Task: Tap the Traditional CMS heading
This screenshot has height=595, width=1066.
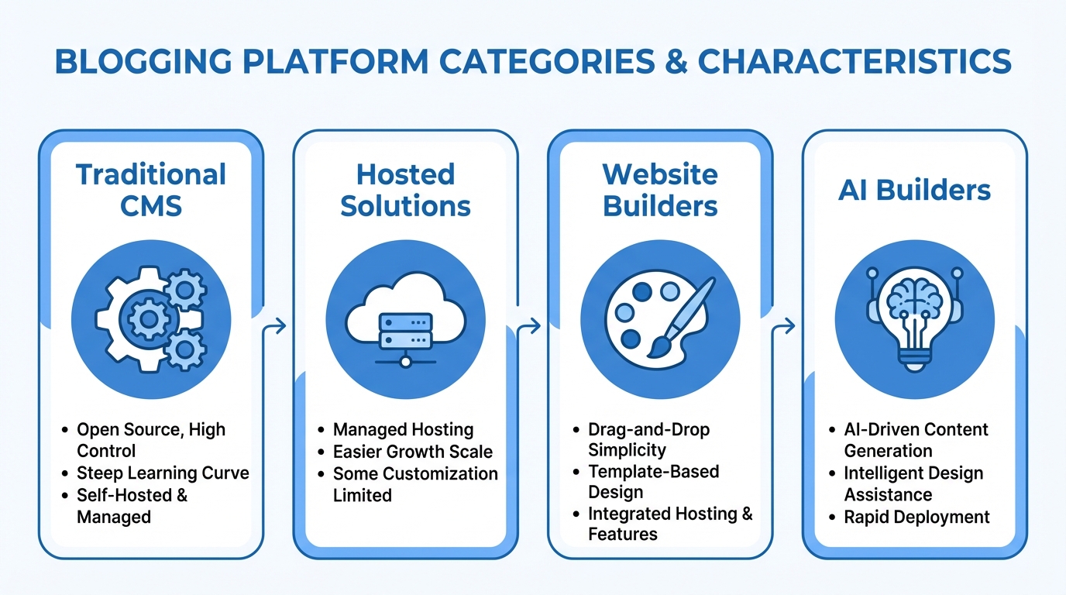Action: (x=151, y=189)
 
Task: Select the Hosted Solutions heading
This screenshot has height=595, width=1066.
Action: (x=405, y=189)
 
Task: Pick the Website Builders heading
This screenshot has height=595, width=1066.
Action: (x=660, y=189)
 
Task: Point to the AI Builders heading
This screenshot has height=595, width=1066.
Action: (x=914, y=190)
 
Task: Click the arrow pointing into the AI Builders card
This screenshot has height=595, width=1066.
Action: (x=787, y=325)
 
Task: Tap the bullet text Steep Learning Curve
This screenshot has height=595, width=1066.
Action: (x=163, y=473)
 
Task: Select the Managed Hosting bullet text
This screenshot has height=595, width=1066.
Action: (x=403, y=429)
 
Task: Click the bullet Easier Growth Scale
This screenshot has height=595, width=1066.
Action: (x=412, y=451)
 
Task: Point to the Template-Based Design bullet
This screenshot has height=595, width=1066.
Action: (x=654, y=481)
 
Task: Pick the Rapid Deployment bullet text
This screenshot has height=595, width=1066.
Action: (x=916, y=516)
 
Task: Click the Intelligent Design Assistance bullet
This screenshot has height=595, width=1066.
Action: (x=913, y=483)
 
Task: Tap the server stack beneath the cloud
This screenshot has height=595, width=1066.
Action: (x=405, y=331)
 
